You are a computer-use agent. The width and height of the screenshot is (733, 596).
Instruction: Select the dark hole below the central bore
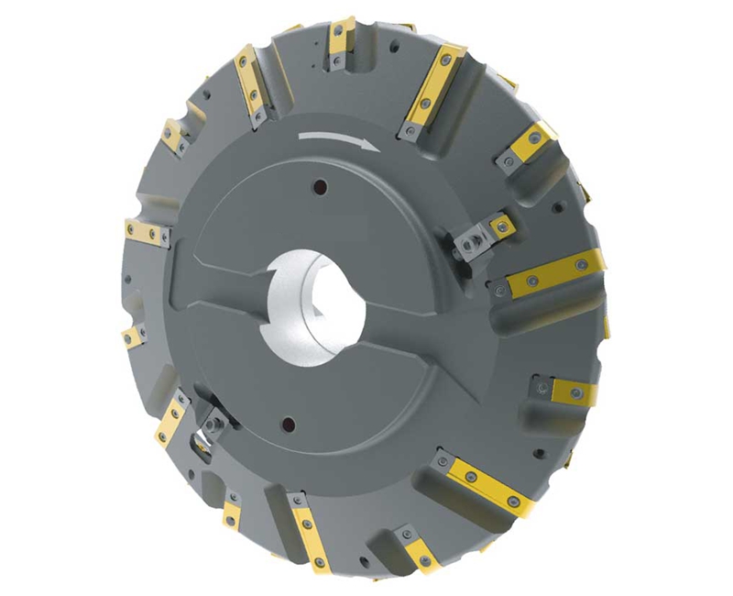coord(289,424)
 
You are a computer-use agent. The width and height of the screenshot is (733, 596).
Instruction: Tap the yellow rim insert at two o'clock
coord(532,142)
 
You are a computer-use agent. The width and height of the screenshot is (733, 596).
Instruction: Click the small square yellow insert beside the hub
coord(499,224)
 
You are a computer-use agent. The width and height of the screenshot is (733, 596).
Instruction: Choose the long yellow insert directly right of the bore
coord(554,273)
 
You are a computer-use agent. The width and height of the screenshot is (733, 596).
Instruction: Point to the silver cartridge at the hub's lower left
coord(213,425)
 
